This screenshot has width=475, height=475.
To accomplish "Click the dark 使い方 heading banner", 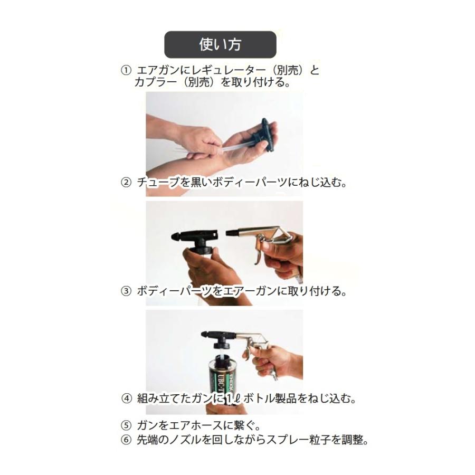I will [x=220, y=44].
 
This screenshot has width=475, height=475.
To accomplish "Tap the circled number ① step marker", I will [x=126, y=70].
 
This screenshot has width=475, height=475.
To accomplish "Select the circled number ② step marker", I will [x=126, y=183].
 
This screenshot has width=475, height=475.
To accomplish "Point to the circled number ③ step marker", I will [x=126, y=291].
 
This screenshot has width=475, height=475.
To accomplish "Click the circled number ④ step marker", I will [x=126, y=398].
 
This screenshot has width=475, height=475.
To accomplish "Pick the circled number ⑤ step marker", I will [x=126, y=425].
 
